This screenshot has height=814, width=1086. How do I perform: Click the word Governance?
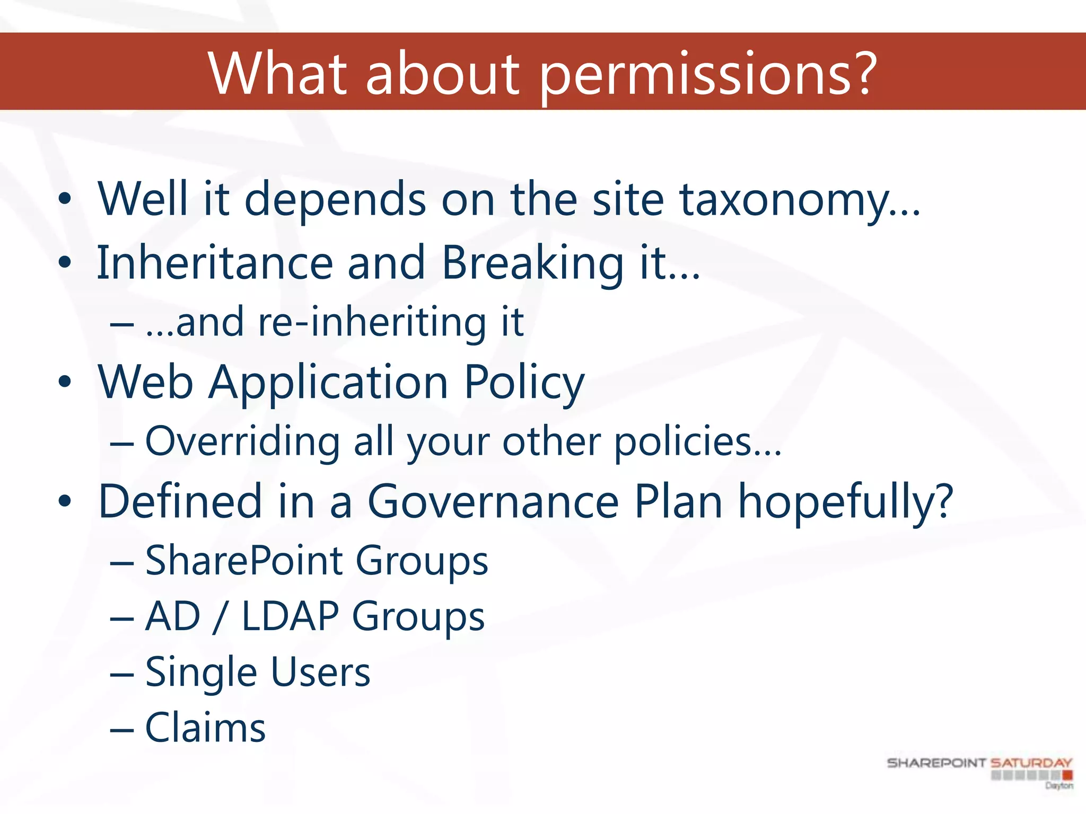pyautogui.click(x=493, y=502)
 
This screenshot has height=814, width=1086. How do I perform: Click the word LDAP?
pyautogui.click(x=290, y=616)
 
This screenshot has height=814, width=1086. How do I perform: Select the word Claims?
pyautogui.click(x=205, y=728)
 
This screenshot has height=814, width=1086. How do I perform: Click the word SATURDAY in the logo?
pyautogui.click(x=1031, y=763)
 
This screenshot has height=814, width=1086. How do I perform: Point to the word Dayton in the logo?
pyautogui.click(x=1059, y=786)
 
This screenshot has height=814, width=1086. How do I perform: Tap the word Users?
pyautogui.click(x=321, y=673)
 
